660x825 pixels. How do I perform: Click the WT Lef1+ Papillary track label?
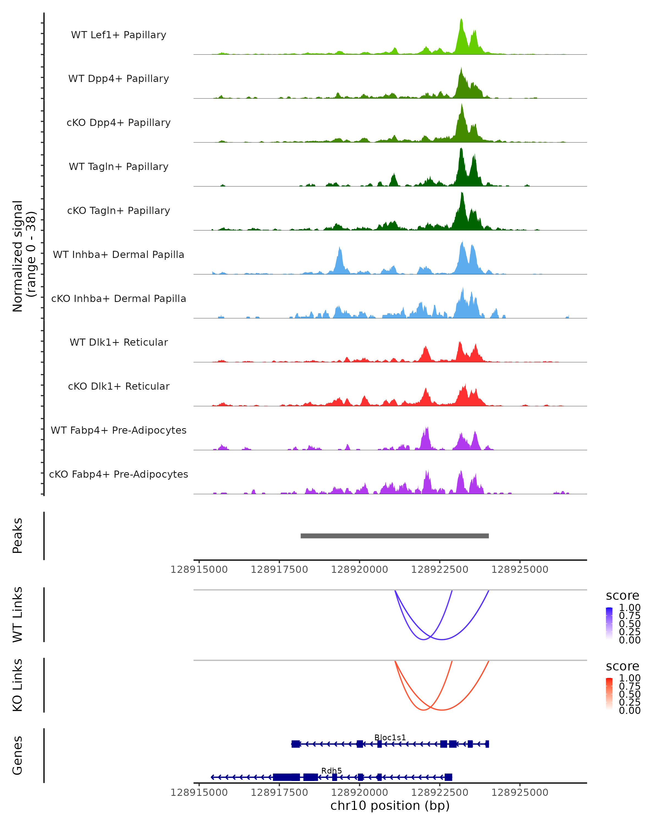click(x=119, y=35)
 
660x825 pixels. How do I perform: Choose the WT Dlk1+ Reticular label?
click(x=119, y=342)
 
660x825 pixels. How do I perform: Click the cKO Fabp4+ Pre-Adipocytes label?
click(x=119, y=474)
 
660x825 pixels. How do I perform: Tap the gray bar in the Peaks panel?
click(x=394, y=536)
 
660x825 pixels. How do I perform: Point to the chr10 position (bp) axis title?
click(x=390, y=805)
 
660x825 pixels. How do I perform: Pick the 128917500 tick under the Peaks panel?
click(x=279, y=570)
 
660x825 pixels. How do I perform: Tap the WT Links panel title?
click(x=18, y=614)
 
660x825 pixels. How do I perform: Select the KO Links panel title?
click(x=18, y=685)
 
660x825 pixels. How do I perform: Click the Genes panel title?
click(x=18, y=755)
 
